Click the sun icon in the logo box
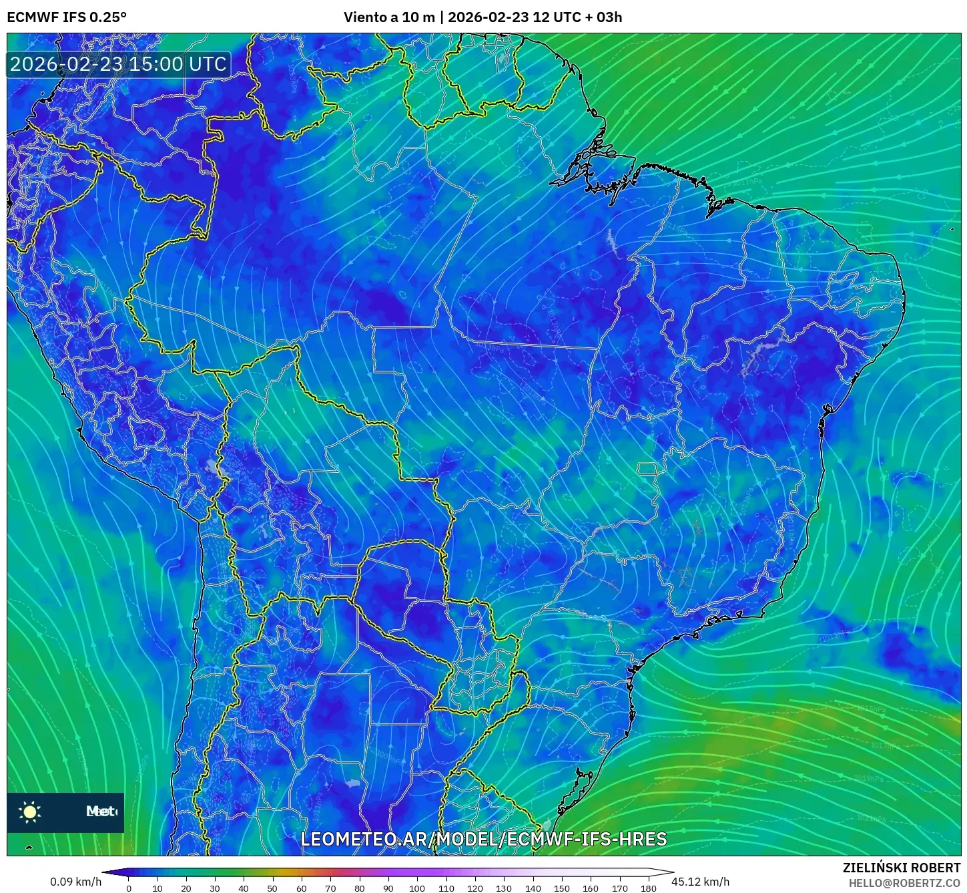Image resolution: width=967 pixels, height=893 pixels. coord(30,812)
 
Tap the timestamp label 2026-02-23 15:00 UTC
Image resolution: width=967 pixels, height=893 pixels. coord(118,64)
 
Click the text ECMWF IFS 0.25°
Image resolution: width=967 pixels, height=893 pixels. coord(66,17)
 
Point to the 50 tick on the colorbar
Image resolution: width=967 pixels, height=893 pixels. coord(272,888)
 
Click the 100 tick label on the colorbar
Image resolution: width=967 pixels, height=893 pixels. coord(417,888)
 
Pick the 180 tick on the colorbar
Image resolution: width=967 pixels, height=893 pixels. coord(648,888)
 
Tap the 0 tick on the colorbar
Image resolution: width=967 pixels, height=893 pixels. coord(129,888)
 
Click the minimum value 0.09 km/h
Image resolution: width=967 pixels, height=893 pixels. coord(75,882)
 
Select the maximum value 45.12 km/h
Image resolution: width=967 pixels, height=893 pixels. coord(700,882)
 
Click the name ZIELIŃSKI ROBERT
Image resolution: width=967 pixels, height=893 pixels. coord(901,868)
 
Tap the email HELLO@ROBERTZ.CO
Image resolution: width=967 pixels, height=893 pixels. coord(904,883)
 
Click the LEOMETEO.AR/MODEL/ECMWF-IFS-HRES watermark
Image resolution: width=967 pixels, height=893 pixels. coord(483,839)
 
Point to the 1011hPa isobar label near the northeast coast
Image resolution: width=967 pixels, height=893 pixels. coord(747,182)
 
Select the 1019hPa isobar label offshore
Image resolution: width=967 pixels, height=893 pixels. coord(869,779)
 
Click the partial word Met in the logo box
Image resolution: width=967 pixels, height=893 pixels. coord(100,812)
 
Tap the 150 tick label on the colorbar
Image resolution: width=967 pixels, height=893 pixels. coord(561,888)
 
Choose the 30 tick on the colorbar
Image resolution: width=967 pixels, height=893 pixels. coord(215,888)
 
